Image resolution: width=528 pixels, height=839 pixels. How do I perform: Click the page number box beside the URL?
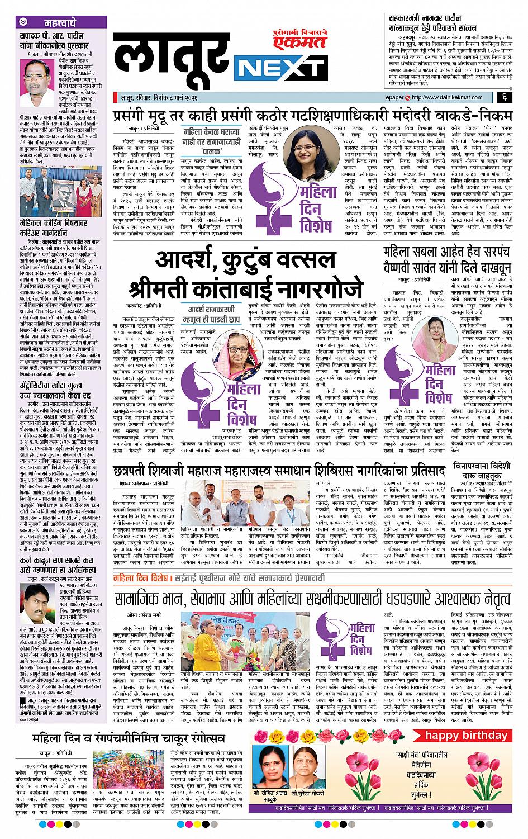tap(504, 98)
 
